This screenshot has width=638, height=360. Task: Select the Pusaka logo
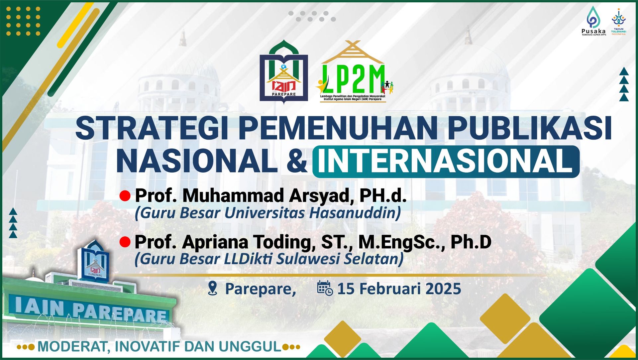pos(594,21)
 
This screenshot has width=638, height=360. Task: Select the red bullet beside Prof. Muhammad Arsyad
pos(125,196)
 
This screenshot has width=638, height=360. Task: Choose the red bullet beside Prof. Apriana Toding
pos(125,242)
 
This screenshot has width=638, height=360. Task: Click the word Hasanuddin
pos(355,213)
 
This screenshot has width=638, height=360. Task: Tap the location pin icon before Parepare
pos(212,288)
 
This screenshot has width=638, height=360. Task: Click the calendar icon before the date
pos(325,288)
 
